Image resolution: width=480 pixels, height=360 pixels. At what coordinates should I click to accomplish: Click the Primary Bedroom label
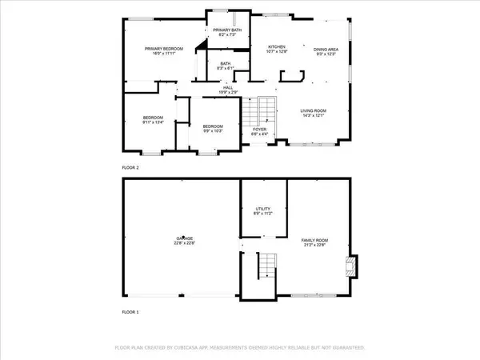pyautogui.click(x=164, y=49)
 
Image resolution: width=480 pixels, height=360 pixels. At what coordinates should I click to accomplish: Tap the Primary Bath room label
pyautogui.click(x=223, y=30)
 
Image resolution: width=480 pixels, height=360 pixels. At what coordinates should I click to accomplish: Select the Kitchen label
pyautogui.click(x=276, y=47)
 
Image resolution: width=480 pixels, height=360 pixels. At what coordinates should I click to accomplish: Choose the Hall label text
pyautogui.click(x=228, y=88)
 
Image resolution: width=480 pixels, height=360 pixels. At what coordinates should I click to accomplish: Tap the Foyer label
pyautogui.click(x=259, y=129)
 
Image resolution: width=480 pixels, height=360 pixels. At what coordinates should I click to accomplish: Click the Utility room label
pyautogui.click(x=263, y=210)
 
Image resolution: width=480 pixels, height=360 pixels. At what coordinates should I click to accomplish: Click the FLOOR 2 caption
pyautogui.click(x=130, y=168)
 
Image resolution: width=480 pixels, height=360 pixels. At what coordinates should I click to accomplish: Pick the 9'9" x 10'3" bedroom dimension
pyautogui.click(x=213, y=131)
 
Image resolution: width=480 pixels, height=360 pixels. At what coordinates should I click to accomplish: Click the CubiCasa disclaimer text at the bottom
pyautogui.click(x=240, y=348)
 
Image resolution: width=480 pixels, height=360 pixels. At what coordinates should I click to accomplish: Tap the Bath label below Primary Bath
pyautogui.click(x=226, y=64)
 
